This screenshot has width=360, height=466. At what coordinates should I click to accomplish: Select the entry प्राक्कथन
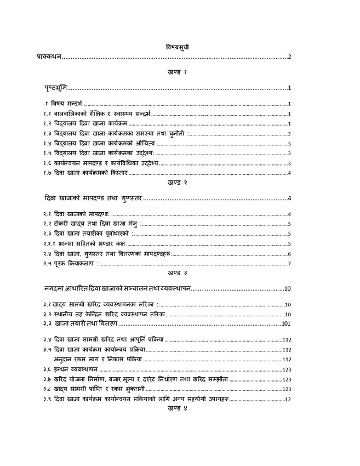pyautogui.click(x=47, y=56)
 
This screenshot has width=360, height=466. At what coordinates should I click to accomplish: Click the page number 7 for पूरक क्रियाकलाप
pyautogui.click(x=288, y=264)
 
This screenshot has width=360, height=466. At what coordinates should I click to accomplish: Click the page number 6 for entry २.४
pyautogui.click(x=288, y=254)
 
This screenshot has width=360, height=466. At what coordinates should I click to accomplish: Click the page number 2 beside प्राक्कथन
pyautogui.click(x=288, y=56)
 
